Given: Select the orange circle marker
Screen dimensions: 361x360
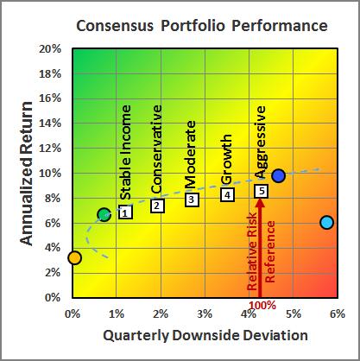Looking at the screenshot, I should coord(74,257).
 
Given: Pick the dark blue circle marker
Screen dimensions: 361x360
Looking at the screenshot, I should coord(278,175).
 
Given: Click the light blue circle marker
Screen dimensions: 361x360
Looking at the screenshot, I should coord(326,222).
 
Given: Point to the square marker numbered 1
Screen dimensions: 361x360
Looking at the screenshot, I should coord(125,212).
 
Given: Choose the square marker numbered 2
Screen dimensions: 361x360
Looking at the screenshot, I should coord(157,206).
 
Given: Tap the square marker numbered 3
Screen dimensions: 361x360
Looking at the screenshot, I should coord(192,199).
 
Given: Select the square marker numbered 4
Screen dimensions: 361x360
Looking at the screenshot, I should coord(227,194).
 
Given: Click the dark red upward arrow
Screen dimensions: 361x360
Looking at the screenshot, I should coord(261,250).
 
